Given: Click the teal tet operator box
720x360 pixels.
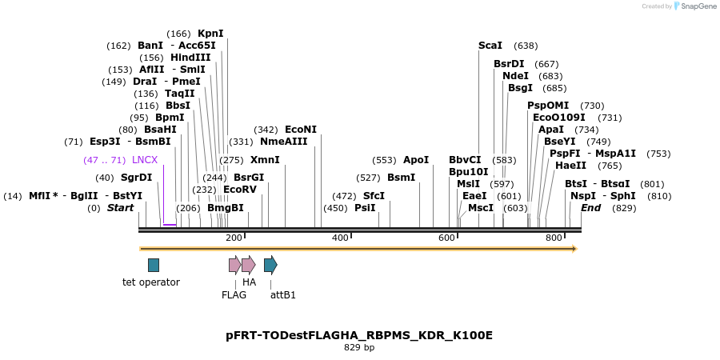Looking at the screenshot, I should coord(154,265).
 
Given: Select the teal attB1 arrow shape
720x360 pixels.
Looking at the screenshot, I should coord(270,265).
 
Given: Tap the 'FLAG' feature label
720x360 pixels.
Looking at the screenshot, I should coord(234,294).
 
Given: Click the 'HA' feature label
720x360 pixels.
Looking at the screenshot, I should coord(249,282).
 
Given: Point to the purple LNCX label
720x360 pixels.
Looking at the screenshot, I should coord(145,160).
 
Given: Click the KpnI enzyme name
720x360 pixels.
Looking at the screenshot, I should coord(210,34).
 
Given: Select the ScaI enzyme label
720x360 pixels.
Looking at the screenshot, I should coord(490,46).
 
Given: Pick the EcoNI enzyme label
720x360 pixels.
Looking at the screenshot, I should coord(301,130).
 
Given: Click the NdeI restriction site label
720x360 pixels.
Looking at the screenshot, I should coord(515,76).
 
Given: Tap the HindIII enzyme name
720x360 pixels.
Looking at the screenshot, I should coord(190,58).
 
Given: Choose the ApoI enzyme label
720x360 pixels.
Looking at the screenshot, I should coord(416,160).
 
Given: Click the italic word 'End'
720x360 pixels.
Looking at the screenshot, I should coord(590,208).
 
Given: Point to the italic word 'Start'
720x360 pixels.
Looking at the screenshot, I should coord(121,208).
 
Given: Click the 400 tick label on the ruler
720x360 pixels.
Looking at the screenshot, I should coord(340,238).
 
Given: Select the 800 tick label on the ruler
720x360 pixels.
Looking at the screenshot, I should coord(554,238).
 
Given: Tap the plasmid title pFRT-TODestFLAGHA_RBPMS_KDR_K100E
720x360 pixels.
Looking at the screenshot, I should coord(359,335).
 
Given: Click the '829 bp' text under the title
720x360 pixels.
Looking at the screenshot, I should coord(359,348).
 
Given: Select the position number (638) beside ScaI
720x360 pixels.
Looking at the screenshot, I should coord(526,46).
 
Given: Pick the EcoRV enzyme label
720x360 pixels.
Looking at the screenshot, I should coord(240,190).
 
